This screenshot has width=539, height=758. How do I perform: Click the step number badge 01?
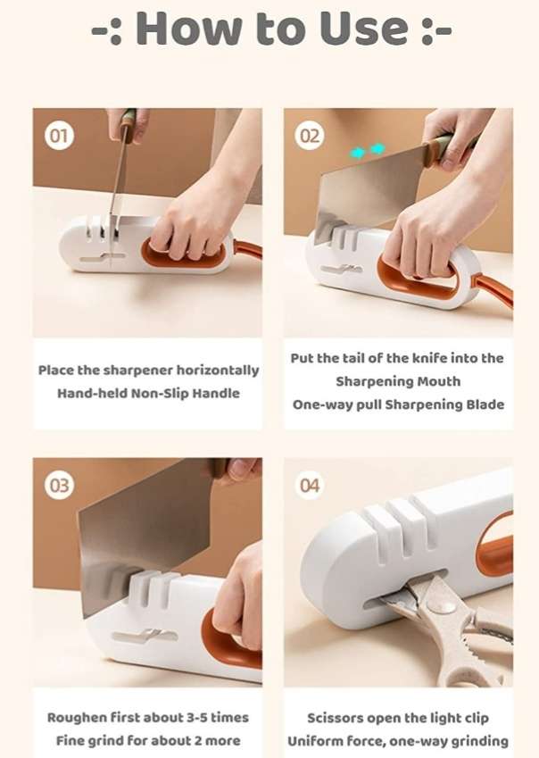[x=59, y=137]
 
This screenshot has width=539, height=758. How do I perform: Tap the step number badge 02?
[x=310, y=137]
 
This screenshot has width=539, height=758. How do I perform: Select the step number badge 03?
[x=59, y=486]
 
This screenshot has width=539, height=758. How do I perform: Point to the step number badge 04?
[x=310, y=486]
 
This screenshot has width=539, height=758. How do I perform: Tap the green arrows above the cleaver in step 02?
[x=367, y=151]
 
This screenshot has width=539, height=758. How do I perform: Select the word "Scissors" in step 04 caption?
[x=338, y=717]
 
